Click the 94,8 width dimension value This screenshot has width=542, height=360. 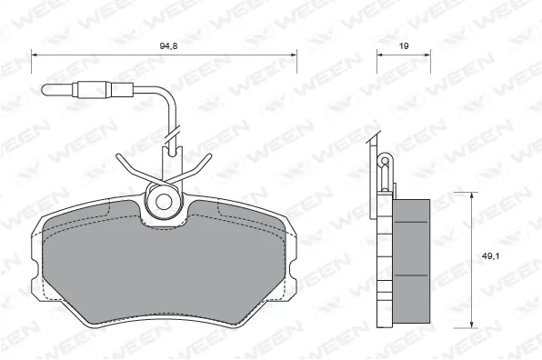click(x=168, y=46)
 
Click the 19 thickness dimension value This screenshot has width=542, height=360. click(x=404, y=46)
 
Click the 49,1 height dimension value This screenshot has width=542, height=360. click(x=490, y=256)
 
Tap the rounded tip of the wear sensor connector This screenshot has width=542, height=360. click(x=44, y=90)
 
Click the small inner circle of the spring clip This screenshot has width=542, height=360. click(x=164, y=202)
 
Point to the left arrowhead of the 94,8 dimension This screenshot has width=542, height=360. click(x=35, y=55)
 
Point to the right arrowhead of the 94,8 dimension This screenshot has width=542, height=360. click(x=294, y=55)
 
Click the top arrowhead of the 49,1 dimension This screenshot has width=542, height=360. click(x=471, y=195)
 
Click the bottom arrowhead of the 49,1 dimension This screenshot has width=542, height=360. click(x=471, y=325)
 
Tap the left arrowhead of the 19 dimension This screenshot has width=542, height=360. click(x=380, y=55)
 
